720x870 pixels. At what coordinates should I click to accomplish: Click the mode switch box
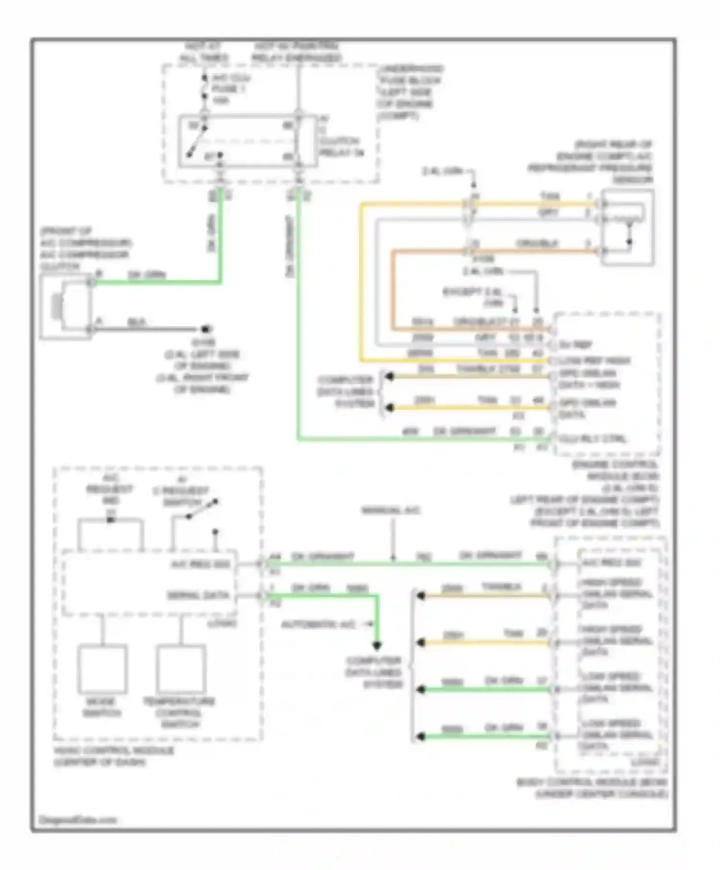[x=103, y=669]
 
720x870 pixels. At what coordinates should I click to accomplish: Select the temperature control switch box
[x=180, y=669]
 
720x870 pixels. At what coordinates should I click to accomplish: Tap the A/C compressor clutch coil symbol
[x=58, y=306]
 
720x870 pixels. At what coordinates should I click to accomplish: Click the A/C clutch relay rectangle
[x=248, y=141]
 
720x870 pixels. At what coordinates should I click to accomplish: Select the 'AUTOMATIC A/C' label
[x=319, y=625]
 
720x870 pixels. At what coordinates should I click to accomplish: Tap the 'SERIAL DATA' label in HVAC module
[x=198, y=596]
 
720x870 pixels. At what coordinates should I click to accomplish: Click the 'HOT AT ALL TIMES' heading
[x=204, y=52]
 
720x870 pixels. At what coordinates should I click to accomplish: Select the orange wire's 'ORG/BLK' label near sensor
[x=537, y=244]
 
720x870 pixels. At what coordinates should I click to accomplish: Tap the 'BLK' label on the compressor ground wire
[x=136, y=322]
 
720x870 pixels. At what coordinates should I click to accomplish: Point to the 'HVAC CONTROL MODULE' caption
[x=113, y=751]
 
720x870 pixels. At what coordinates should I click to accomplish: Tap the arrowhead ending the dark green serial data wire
[x=377, y=645]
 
